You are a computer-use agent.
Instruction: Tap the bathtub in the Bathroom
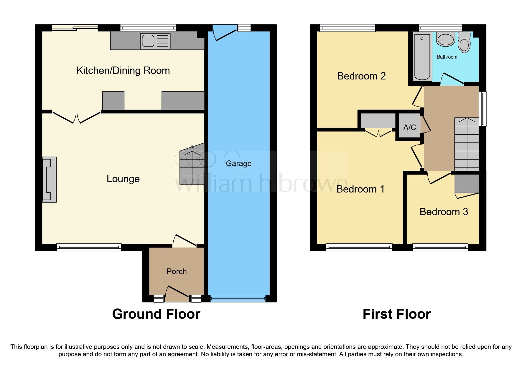pyautogui.click(x=422, y=57)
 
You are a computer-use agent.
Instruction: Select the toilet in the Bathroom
pyautogui.click(x=464, y=43)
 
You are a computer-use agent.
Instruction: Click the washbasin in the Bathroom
pyautogui.click(x=445, y=39)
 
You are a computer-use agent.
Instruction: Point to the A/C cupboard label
pyautogui.click(x=409, y=127)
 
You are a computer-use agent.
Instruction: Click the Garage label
pyautogui.click(x=238, y=163)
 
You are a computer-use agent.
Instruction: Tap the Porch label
pyautogui.click(x=177, y=271)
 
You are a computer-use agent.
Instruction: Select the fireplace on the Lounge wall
pyautogui.click(x=49, y=179)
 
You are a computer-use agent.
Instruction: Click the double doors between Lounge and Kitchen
pyautogui.click(x=77, y=118)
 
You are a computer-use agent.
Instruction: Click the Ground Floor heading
pyautogui.click(x=156, y=314)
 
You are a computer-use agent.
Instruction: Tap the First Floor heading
pyautogui.click(x=396, y=314)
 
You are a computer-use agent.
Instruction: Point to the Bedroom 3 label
pyautogui.click(x=444, y=212)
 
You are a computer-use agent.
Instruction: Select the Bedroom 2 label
pyautogui.click(x=361, y=76)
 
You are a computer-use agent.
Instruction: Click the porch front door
pyautogui.click(x=177, y=294)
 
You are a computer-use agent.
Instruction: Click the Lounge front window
pyautogui.click(x=89, y=247)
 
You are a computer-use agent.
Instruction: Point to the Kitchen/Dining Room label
pyautogui.click(x=123, y=71)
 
